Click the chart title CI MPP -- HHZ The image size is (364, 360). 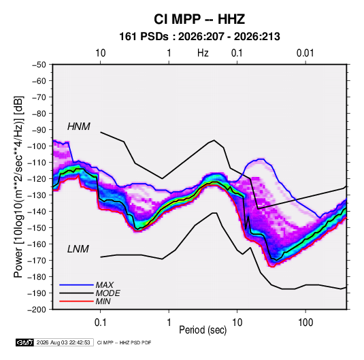[199, 19]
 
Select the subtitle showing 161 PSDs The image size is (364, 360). [199, 37]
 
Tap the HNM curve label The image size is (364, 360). [79, 127]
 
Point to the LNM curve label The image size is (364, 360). [78, 249]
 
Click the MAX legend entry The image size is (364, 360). [105, 284]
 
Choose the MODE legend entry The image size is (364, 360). [107, 293]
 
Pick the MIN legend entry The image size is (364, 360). [103, 301]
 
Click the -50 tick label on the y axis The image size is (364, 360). [39, 65]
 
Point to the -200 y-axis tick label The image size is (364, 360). [37, 310]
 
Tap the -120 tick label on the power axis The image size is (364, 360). [37, 178]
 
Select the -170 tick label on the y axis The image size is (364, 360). [37, 261]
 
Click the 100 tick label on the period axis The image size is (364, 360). [305, 323]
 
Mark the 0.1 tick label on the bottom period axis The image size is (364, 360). [100, 323]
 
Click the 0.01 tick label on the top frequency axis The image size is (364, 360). [305, 53]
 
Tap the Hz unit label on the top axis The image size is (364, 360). [203, 53]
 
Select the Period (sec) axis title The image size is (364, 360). [203, 330]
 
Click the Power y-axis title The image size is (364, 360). [18, 186]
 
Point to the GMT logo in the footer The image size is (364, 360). [25, 342]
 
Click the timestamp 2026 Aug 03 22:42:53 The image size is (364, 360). [63, 342]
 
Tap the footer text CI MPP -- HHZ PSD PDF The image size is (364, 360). [125, 342]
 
